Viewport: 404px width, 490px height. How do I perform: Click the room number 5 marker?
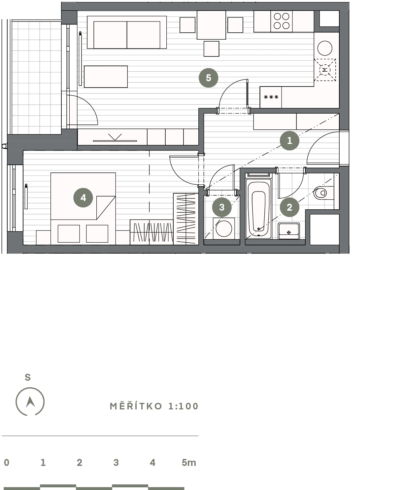(208, 78)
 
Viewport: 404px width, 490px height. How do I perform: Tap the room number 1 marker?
(289, 141)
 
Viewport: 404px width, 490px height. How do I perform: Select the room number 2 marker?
(289, 207)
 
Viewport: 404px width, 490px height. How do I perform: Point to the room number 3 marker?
(222, 207)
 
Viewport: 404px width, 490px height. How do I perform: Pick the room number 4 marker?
(83, 197)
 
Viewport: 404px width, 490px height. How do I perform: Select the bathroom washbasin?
(288, 231)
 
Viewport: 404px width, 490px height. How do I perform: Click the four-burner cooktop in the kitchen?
(282, 21)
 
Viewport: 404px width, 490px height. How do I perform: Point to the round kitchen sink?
(325, 48)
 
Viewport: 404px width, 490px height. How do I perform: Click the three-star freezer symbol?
(271, 97)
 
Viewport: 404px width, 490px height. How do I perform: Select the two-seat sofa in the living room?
(127, 32)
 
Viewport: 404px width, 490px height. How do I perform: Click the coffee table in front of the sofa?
(106, 77)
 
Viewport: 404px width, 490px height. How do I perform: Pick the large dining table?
(211, 25)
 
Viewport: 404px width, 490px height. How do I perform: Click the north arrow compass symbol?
(30, 402)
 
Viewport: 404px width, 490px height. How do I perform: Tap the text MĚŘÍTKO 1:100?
(154, 406)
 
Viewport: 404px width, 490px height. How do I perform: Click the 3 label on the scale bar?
(116, 463)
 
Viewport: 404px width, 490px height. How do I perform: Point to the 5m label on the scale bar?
(189, 463)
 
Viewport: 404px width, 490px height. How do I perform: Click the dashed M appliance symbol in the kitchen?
(325, 70)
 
